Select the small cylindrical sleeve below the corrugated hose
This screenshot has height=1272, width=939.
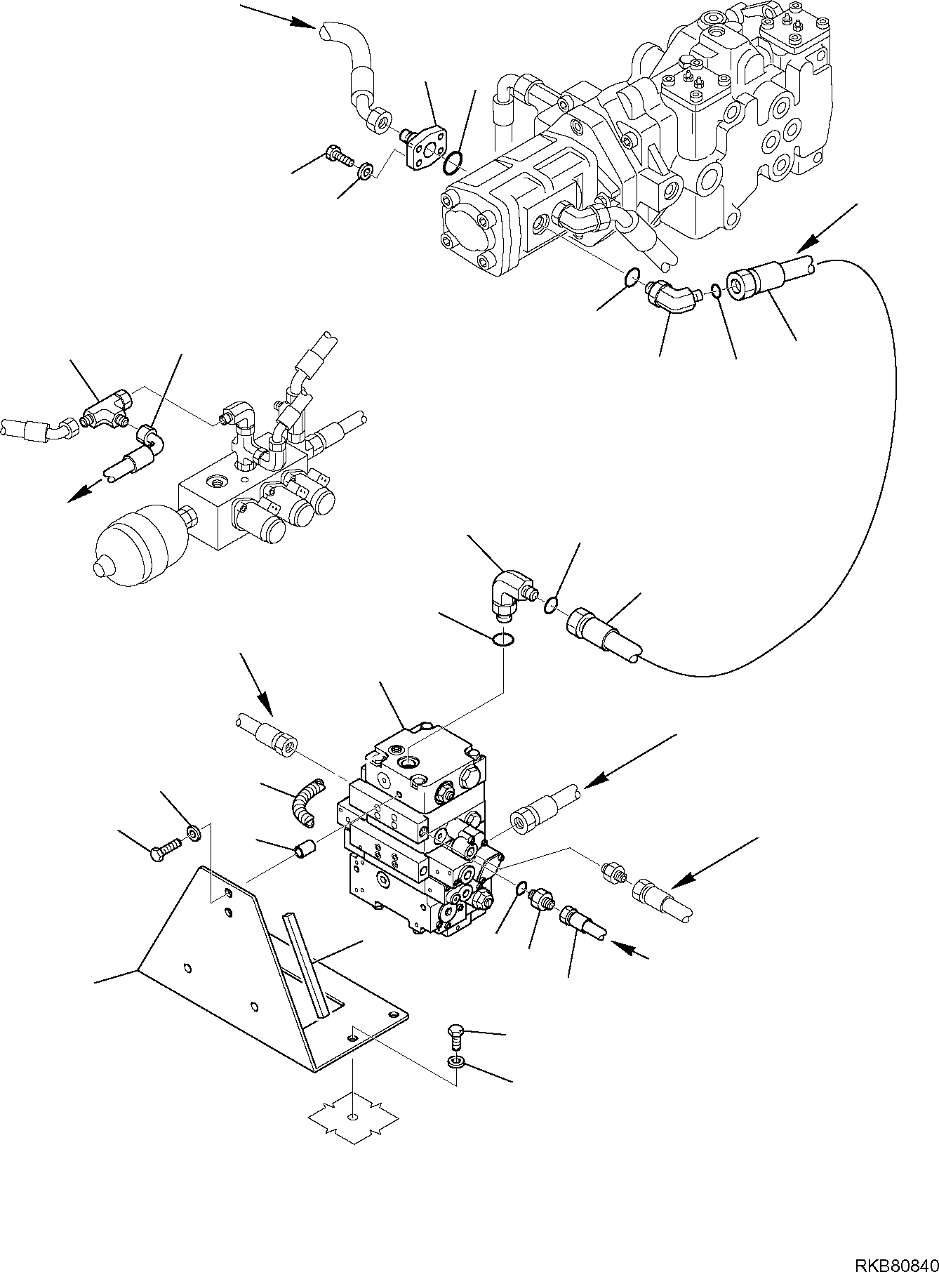305,852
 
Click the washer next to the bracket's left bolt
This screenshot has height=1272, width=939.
194,833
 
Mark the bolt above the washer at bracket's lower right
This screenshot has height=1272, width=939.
455,1034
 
